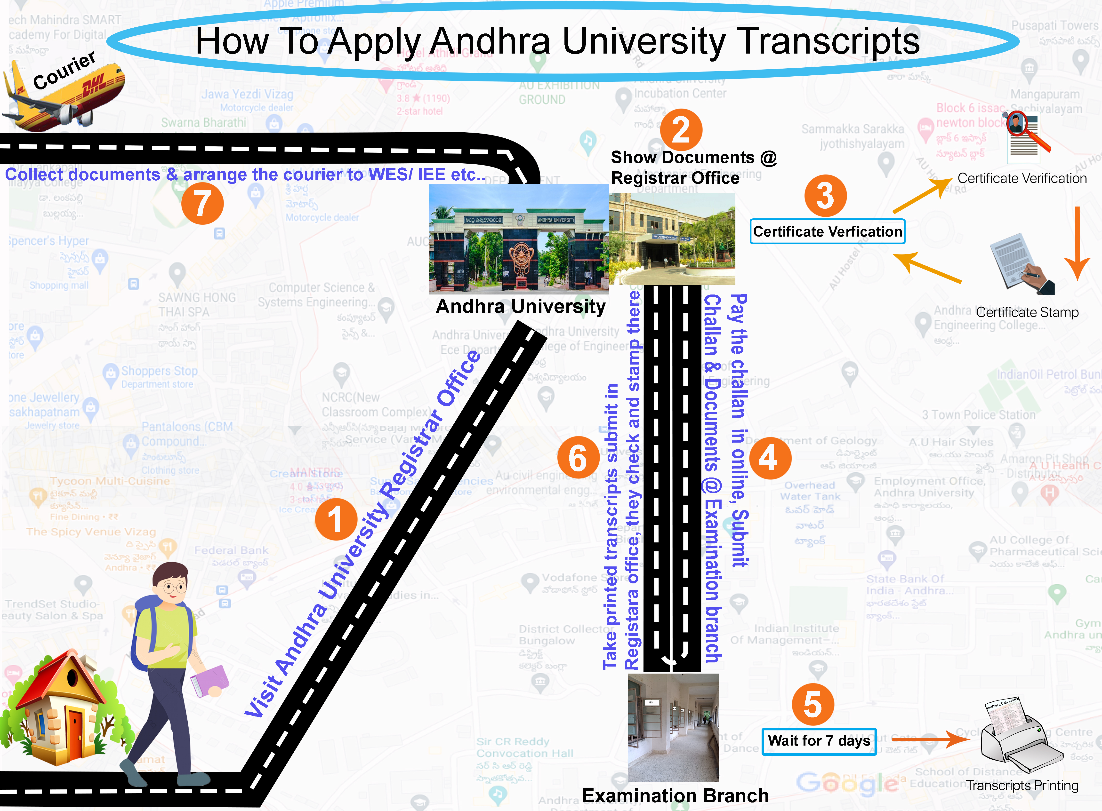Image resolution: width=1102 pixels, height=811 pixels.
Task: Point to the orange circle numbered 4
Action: (x=770, y=458)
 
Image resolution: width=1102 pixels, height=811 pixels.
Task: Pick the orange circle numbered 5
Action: (x=813, y=704)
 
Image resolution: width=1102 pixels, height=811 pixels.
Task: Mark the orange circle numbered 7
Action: (x=202, y=203)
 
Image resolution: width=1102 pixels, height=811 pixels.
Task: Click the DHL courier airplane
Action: (x=64, y=93)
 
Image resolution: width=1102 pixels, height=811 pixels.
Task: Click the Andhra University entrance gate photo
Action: (x=519, y=239)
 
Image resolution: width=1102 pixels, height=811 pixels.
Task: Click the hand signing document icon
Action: (x=1022, y=265)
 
